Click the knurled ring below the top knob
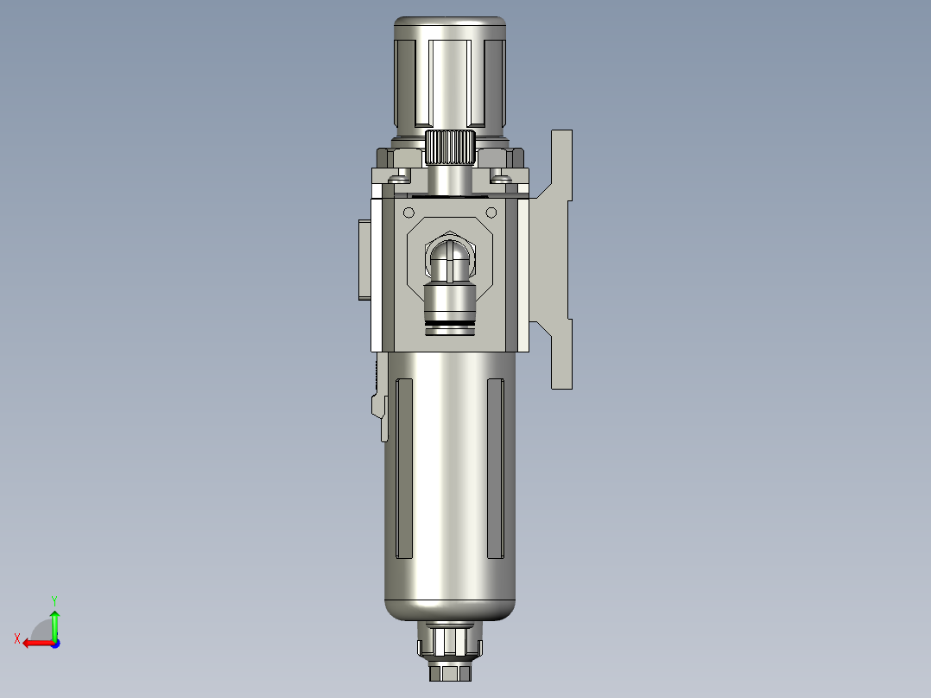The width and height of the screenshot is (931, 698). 450,148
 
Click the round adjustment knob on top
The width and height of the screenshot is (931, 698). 449,73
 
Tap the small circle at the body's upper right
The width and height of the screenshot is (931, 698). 491,212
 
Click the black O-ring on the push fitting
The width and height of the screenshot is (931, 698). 450,326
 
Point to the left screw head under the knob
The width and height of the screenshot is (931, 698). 399,179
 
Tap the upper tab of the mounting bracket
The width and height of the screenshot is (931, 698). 562,164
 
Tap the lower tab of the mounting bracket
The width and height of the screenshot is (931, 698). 562,354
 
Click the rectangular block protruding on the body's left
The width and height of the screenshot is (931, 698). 363,260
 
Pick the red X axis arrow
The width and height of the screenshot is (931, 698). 35,643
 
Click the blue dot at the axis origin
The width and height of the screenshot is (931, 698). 54,643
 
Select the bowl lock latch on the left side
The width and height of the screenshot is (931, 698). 378,406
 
